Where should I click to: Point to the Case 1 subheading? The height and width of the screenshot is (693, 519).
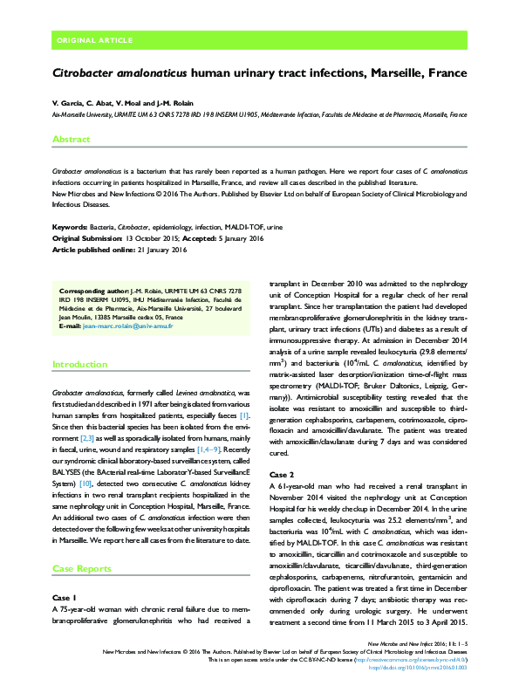(x=65, y=598)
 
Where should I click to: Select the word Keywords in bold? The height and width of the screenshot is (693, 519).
(x=72, y=226)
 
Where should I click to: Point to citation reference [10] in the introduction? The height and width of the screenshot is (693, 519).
(x=85, y=483)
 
